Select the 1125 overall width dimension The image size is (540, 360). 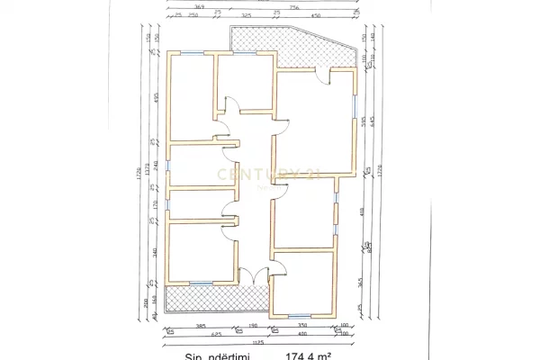[257, 342]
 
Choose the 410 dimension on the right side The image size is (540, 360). [362, 213]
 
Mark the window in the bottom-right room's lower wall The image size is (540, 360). [298, 314]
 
